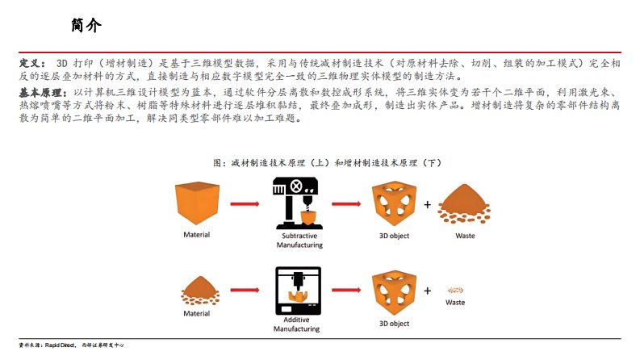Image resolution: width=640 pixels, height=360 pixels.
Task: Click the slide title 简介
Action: point(86,25)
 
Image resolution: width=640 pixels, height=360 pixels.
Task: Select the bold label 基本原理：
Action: point(43,93)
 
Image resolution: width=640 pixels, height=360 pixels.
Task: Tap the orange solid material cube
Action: point(197,203)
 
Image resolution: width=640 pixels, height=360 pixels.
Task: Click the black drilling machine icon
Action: point(296,203)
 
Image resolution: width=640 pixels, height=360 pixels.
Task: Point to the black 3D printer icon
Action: point(298,291)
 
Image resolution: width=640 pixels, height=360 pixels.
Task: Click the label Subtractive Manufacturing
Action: point(299,241)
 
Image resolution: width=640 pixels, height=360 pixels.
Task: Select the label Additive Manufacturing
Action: point(296,324)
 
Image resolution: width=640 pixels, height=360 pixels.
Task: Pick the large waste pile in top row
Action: point(464,204)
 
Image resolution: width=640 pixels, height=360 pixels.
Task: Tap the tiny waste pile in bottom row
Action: point(455,291)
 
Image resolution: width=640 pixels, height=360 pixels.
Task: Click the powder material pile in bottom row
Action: point(200,291)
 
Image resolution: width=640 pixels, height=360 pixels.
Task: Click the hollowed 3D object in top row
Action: point(394,203)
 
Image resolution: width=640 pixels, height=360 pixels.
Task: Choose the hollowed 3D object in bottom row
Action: point(394,292)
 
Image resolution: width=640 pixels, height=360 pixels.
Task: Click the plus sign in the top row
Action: point(428,204)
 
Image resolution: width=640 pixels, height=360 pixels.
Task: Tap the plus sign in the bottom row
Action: point(428,291)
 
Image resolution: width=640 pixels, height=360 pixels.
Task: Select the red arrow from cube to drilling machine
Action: point(245,203)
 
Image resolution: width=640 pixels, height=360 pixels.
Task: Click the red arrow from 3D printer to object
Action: point(346,291)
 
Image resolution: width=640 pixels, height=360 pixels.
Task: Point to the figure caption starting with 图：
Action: point(328,163)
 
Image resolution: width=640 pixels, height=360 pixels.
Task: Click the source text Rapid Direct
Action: point(60,345)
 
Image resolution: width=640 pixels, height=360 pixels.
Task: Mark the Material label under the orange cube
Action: point(197,235)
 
